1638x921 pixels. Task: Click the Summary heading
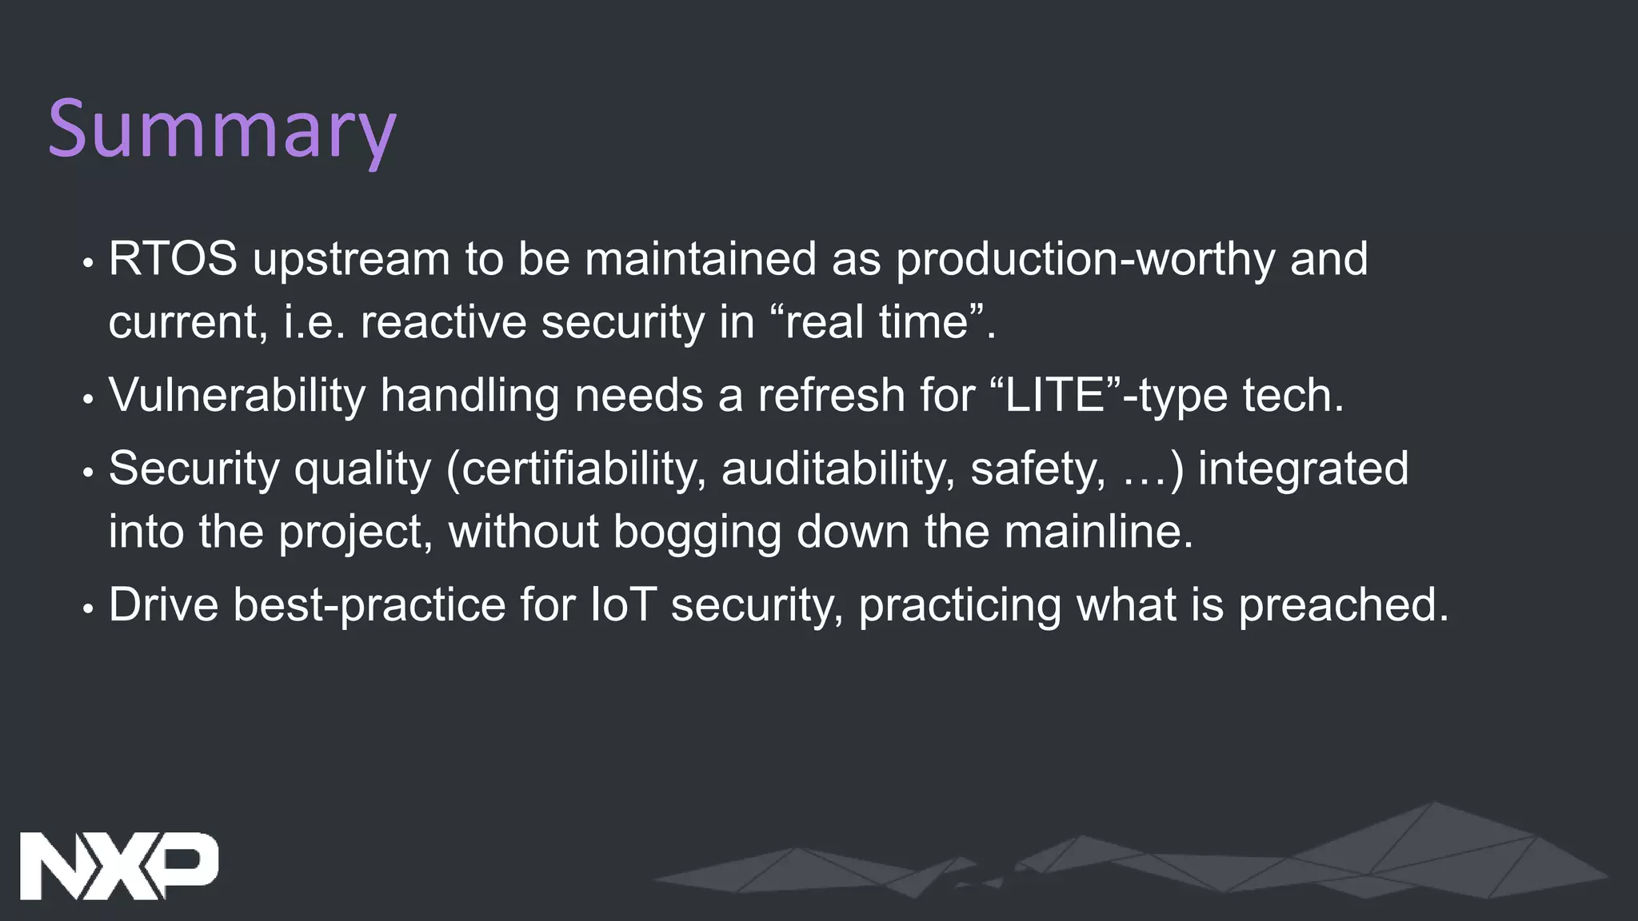coord(222,130)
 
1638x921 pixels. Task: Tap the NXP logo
coord(118,866)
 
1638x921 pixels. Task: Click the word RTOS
coord(173,259)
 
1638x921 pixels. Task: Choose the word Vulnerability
coord(237,396)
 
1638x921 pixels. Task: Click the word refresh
coord(831,395)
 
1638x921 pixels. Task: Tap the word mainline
coord(1098,532)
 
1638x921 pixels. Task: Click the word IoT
coord(623,604)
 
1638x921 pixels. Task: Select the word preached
coord(1343,604)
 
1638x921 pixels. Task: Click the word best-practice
coord(370,605)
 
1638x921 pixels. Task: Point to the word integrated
coord(1303,468)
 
